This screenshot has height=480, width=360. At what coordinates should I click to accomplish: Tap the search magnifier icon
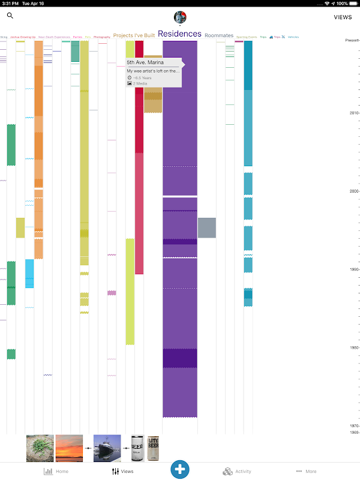[x=10, y=16]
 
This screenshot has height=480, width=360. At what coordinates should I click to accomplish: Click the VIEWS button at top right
[x=343, y=17]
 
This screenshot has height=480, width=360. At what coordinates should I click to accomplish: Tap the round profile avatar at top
[x=179, y=17]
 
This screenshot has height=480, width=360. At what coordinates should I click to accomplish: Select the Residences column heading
[x=180, y=34]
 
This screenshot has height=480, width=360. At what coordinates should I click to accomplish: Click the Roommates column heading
[x=219, y=36]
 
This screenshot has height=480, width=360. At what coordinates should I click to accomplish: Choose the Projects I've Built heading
[x=134, y=36]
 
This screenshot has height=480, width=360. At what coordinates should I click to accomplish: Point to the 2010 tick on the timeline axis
[x=353, y=113]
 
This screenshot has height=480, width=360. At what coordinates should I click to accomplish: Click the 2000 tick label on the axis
[x=353, y=191]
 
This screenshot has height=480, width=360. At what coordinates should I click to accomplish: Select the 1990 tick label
[x=353, y=269]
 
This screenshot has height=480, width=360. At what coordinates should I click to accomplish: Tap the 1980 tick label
[x=353, y=347]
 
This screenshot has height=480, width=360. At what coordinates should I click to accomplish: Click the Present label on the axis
[x=352, y=40]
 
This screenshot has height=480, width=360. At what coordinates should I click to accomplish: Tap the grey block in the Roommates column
[x=206, y=227]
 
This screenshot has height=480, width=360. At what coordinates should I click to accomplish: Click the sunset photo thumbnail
[x=69, y=448]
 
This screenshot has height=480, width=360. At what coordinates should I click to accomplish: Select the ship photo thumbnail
[x=107, y=448]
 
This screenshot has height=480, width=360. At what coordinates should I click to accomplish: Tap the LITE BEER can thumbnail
[x=153, y=448]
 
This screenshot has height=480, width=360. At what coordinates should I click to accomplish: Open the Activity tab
[x=236, y=472]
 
